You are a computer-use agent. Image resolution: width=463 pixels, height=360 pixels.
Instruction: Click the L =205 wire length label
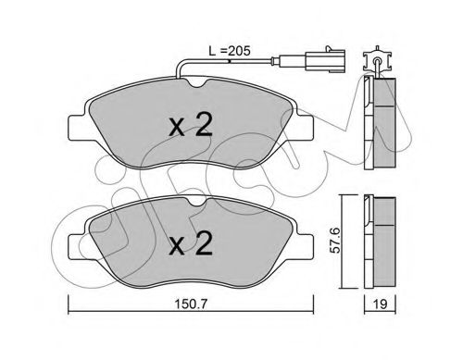(230, 51)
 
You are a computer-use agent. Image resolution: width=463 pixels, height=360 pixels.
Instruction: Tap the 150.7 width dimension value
(190, 304)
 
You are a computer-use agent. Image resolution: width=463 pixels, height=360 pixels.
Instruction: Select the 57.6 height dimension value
(334, 240)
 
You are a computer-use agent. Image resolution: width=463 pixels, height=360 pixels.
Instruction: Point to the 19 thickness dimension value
(381, 304)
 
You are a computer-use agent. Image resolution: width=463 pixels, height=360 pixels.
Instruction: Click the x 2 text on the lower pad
(191, 243)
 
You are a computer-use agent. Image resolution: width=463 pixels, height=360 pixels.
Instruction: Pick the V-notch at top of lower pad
(196, 203)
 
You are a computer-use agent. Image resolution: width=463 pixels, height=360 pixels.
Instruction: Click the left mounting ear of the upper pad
(77, 127)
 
